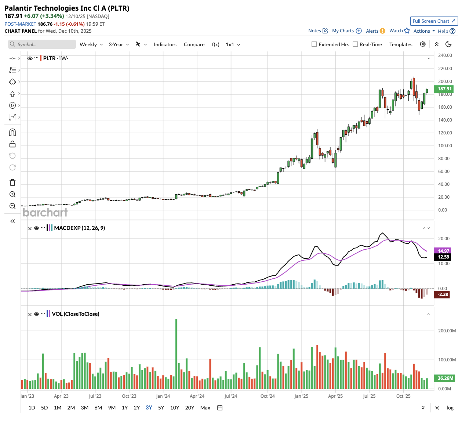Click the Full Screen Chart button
click(x=434, y=21)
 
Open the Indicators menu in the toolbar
click(x=165, y=44)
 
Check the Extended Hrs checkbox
click(x=314, y=44)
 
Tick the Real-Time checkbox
click(x=355, y=44)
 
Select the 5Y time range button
click(x=161, y=408)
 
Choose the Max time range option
click(x=205, y=408)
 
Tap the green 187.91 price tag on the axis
click(x=444, y=89)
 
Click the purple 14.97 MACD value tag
click(x=443, y=251)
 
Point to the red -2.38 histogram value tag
click(x=443, y=295)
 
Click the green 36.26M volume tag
click(x=445, y=378)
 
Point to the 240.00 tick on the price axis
click(x=445, y=55)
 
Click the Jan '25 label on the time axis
click(x=301, y=396)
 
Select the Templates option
click(x=401, y=44)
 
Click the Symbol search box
click(x=42, y=44)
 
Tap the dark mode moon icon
click(x=448, y=44)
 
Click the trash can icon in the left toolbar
click(x=12, y=183)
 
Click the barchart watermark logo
click(x=45, y=213)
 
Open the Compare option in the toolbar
click(x=194, y=44)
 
